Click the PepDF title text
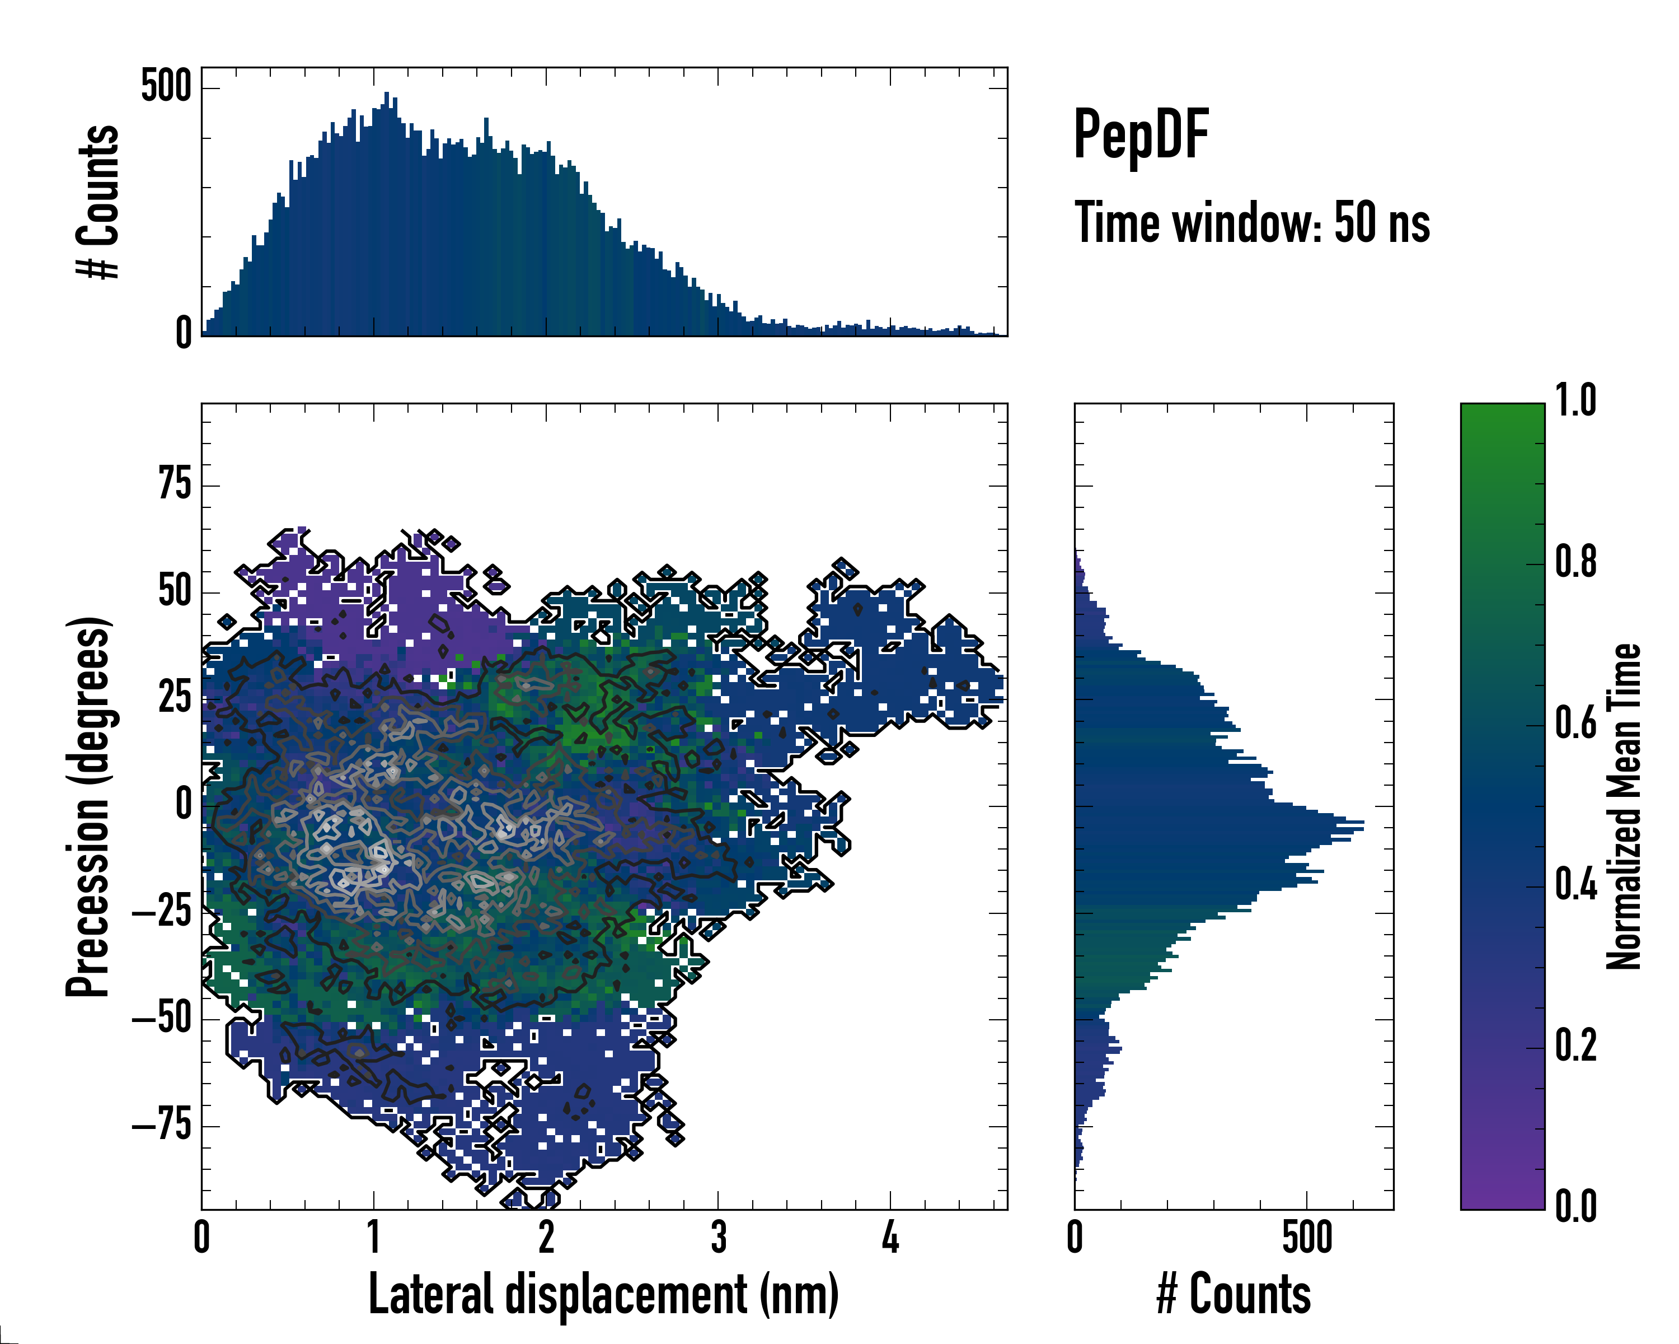(x=1140, y=134)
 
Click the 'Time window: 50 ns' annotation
(x=1251, y=223)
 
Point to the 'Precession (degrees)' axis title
(x=87, y=806)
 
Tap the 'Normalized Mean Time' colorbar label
(x=1624, y=806)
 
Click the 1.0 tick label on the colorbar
(x=1575, y=400)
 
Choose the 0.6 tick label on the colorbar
(x=1575, y=723)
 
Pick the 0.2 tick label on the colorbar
(x=1575, y=1046)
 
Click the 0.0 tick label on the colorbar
(x=1575, y=1207)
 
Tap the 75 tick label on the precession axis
(x=175, y=484)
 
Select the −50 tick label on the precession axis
(x=162, y=1018)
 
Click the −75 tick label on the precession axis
(x=162, y=1125)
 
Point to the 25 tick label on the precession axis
(x=175, y=698)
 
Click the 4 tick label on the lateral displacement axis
(x=890, y=1237)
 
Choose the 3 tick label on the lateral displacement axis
(x=718, y=1237)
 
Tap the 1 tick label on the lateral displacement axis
(x=374, y=1237)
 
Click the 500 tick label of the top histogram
(x=165, y=86)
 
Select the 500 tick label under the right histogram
(x=1307, y=1237)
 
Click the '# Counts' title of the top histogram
(x=98, y=201)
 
